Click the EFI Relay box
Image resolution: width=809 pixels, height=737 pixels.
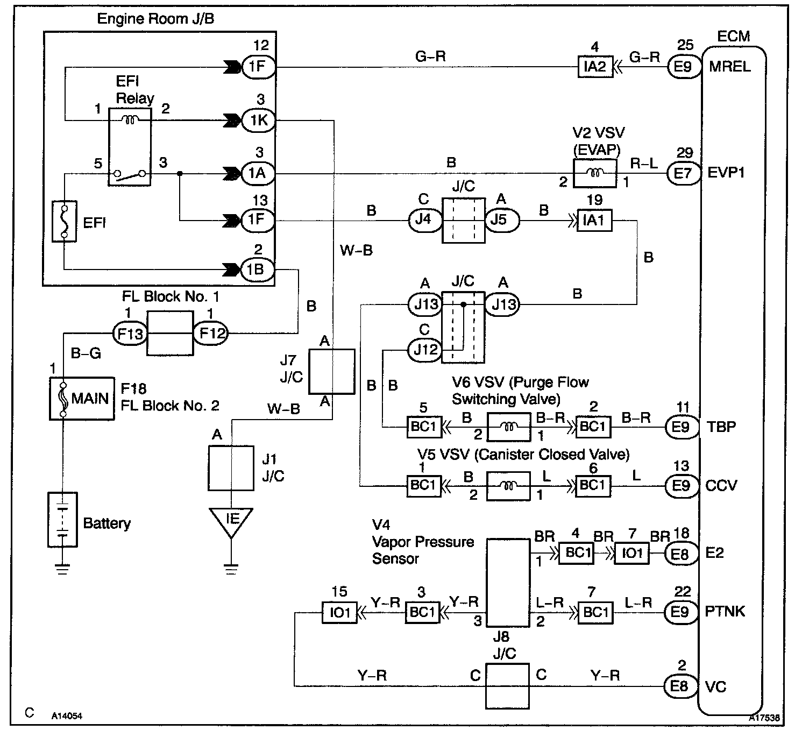pyautogui.click(x=130, y=147)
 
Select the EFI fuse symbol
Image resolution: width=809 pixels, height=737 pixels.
pyautogui.click(x=64, y=221)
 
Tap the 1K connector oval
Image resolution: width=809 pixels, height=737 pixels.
pyautogui.click(x=259, y=120)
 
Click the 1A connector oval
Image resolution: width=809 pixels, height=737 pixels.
pyautogui.click(x=259, y=174)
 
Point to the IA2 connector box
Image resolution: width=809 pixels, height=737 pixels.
pyautogui.click(x=595, y=67)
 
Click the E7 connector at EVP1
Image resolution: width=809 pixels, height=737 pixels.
pyautogui.click(x=683, y=173)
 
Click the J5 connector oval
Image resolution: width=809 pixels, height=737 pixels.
pyautogui.click(x=502, y=220)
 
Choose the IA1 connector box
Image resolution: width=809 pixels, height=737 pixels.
pyautogui.click(x=594, y=220)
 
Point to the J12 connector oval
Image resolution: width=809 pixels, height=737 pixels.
pyautogui.click(x=425, y=350)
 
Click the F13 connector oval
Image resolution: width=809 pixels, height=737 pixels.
pyautogui.click(x=130, y=334)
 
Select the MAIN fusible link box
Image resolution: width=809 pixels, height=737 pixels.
pyautogui.click(x=82, y=398)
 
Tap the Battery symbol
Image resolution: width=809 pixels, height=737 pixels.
pyautogui.click(x=63, y=520)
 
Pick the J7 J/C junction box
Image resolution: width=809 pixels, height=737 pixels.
pyautogui.click(x=332, y=372)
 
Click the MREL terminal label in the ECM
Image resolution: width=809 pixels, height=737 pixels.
pyautogui.click(x=730, y=67)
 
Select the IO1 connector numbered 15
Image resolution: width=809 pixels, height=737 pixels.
pyautogui.click(x=339, y=613)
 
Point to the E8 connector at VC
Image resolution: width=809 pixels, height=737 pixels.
pyautogui.click(x=680, y=686)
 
